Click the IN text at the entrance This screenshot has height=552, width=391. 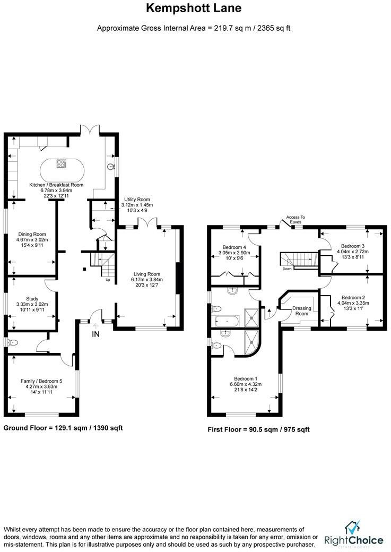click(x=96, y=334)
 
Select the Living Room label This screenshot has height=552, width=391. click(x=147, y=273)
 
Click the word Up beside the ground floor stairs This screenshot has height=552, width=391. click(x=109, y=280)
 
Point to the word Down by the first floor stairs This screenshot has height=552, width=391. click(x=286, y=269)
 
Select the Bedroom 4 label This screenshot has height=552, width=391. click(x=234, y=247)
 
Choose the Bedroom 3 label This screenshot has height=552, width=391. click(x=353, y=246)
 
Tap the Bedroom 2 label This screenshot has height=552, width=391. click(x=353, y=297)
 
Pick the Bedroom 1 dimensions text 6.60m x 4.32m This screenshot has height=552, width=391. click(x=245, y=384)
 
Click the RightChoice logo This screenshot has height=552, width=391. click(x=355, y=535)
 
